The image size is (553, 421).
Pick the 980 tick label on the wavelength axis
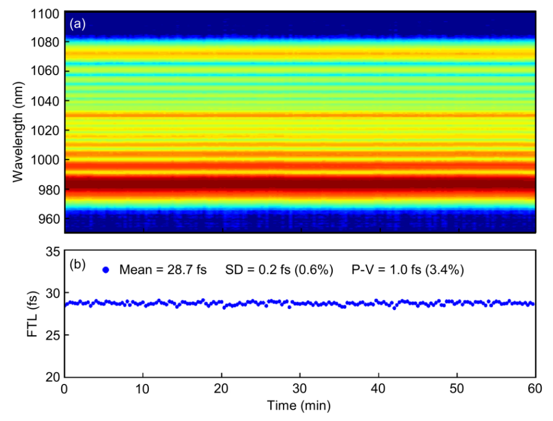pyautogui.click(x=49, y=190)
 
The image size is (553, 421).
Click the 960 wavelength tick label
pyautogui.click(x=49, y=219)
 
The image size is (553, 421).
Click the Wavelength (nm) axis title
pyautogui.click(x=18, y=132)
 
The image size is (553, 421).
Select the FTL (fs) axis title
pyautogui.click(x=32, y=314)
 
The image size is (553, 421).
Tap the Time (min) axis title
pyautogui.click(x=299, y=406)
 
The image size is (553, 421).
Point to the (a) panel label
pyautogui.click(x=77, y=24)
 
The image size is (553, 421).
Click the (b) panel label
pyautogui.click(x=77, y=264)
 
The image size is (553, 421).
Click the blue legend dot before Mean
pyautogui.click(x=106, y=270)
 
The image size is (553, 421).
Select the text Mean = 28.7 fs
pyautogui.click(x=163, y=270)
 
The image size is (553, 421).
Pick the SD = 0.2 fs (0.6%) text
pyautogui.click(x=279, y=270)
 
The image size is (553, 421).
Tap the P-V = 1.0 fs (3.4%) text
pyautogui.click(x=408, y=270)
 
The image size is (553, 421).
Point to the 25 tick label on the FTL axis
pyautogui.click(x=53, y=335)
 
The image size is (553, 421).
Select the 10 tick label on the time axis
pyautogui.click(x=143, y=389)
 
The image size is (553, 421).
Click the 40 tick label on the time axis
pyautogui.click(x=378, y=389)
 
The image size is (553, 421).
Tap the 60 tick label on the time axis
pyautogui.click(x=535, y=389)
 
